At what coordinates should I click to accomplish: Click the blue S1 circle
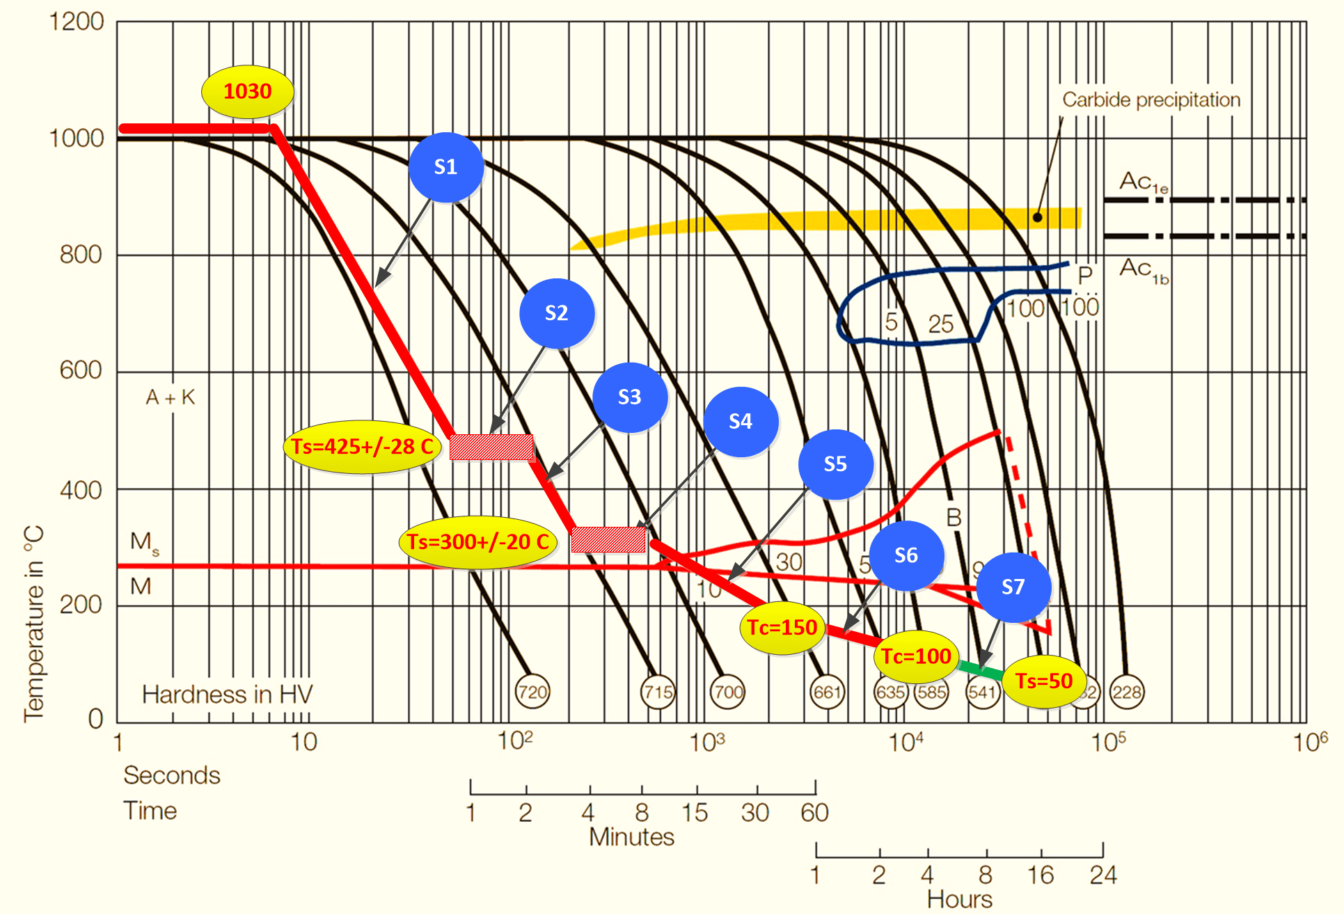445,167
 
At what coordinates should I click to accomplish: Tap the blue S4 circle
741,422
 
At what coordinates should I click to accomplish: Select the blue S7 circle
1013,587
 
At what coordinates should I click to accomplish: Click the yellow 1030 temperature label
247,91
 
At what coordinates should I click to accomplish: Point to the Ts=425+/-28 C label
362,447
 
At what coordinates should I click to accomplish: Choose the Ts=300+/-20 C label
477,542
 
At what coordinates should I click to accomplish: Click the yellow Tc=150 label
782,628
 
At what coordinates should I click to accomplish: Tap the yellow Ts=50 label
1044,681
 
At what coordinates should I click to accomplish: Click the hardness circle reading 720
532,692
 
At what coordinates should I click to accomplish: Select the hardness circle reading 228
1126,692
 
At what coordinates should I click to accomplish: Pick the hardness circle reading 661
828,692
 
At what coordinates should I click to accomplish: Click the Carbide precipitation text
1151,100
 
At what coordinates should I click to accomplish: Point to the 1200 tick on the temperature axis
77,22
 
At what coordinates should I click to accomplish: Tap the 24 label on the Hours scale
1103,875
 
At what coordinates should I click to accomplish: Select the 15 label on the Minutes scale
695,812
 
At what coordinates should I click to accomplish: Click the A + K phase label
170,397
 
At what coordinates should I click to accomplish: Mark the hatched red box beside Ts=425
491,447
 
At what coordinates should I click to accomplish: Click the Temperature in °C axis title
33,623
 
